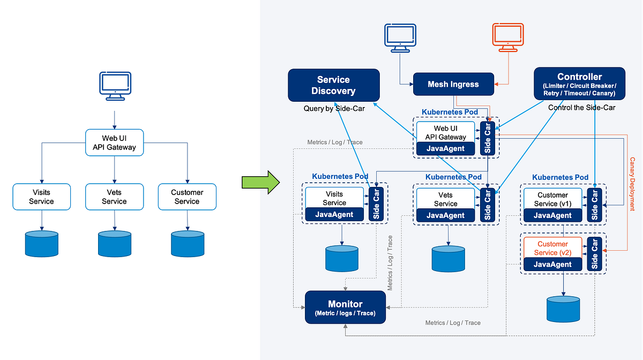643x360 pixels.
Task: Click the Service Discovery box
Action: coord(333,85)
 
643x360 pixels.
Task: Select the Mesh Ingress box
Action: coord(453,84)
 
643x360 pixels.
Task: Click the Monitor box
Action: coord(345,307)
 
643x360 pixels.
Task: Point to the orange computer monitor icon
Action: coord(507,38)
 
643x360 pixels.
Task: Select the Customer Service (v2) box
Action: coord(552,248)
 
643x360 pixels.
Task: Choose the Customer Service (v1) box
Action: coord(552,199)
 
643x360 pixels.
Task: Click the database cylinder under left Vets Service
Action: coord(114,244)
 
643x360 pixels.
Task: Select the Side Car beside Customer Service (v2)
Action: coord(594,254)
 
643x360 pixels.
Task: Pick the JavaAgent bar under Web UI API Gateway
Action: coord(445,148)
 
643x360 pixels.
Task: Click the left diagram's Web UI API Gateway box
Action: coord(115,142)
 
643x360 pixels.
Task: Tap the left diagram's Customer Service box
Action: coord(187,197)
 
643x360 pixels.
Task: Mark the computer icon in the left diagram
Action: coord(115,86)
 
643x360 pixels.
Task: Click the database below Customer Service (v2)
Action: coord(563,310)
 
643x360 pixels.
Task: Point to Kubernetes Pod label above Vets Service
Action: coord(453,177)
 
